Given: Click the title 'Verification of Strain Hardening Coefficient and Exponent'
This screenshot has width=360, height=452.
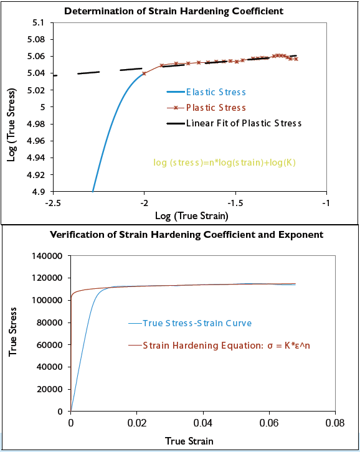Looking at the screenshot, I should (x=187, y=235).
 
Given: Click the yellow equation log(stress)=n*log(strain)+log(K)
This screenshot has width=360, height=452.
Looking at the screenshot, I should (x=224, y=162).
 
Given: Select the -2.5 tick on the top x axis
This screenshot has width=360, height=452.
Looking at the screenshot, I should (x=53, y=202).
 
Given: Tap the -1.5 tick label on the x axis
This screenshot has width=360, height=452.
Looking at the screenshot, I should (x=235, y=202).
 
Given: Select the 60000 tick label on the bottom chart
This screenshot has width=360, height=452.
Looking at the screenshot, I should (x=50, y=345).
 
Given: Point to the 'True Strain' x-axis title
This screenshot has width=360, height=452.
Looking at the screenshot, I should (x=189, y=441).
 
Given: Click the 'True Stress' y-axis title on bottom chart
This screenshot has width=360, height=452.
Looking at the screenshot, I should (x=12, y=334).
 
